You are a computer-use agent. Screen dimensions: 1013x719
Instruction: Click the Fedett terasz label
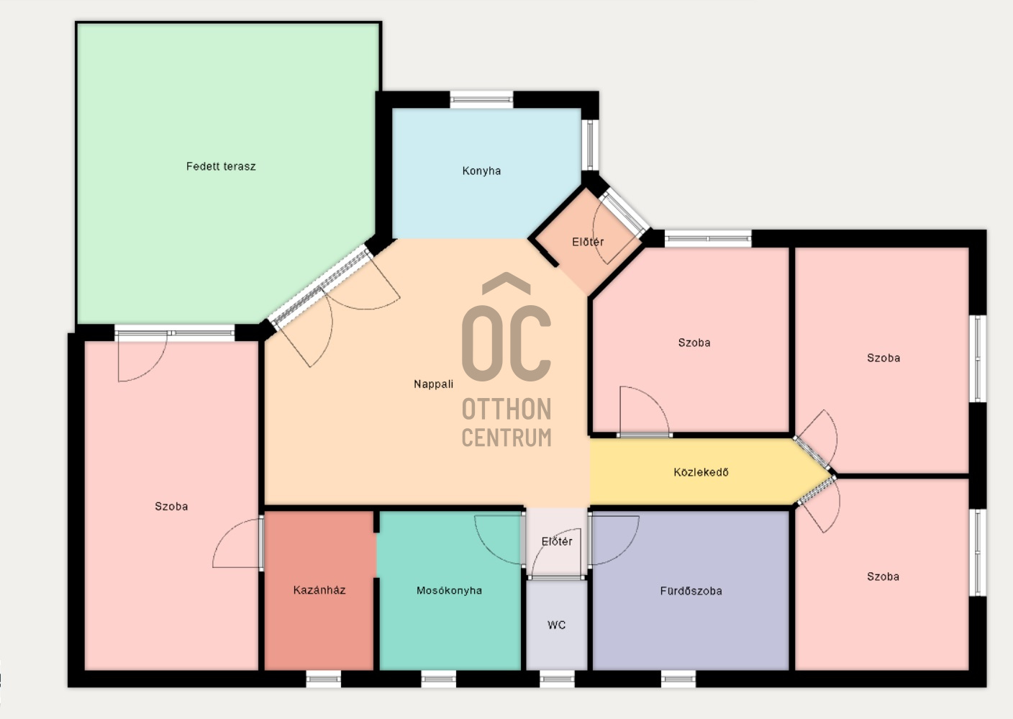[x=221, y=166]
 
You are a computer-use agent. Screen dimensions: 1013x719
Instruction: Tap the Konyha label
[x=481, y=171]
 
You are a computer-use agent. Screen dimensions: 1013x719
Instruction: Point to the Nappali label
[x=433, y=384]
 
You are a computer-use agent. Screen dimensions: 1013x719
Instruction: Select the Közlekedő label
[x=701, y=472]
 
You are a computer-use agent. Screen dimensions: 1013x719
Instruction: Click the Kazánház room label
[x=319, y=590]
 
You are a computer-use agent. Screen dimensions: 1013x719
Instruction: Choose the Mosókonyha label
[x=449, y=590]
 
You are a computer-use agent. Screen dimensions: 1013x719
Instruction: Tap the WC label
[x=556, y=625]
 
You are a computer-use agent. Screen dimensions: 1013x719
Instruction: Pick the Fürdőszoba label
[x=691, y=591]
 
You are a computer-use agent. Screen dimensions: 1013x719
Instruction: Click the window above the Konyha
[x=481, y=99]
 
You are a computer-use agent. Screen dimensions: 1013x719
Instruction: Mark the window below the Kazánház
[x=323, y=679]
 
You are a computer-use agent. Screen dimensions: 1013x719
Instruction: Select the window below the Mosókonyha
[x=438, y=679]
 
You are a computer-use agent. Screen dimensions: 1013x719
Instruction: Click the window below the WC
[x=557, y=679]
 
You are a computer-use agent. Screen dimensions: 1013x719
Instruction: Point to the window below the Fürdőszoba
[x=678, y=679]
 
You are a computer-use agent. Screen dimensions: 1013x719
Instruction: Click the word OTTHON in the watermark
[x=506, y=409]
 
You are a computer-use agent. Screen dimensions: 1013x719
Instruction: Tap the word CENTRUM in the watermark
[x=506, y=438]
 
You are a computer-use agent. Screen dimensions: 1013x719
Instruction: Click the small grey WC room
[x=557, y=625]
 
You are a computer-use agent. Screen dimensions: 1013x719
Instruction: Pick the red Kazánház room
[x=319, y=590]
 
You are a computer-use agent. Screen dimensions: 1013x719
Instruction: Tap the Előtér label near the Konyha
[x=588, y=242]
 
